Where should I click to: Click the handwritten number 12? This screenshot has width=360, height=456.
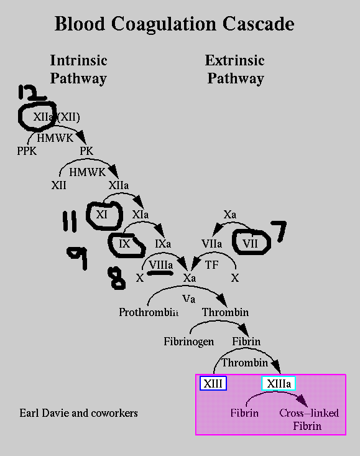click(x=31, y=93)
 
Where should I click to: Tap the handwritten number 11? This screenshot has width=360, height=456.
click(x=70, y=221)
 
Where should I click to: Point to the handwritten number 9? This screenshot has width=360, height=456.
click(x=78, y=258)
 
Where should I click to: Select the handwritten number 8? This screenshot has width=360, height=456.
click(x=117, y=278)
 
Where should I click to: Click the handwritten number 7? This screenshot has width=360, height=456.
click(x=279, y=231)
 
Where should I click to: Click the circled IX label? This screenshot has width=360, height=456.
click(x=124, y=244)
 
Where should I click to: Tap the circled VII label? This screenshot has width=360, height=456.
click(x=250, y=243)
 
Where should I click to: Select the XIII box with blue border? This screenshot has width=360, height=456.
click(x=213, y=383)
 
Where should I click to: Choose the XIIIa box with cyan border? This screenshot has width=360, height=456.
click(x=279, y=383)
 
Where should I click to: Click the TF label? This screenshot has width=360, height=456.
click(x=211, y=265)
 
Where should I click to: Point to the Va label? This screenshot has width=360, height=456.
click(x=189, y=299)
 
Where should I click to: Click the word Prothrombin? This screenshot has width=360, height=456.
click(x=149, y=312)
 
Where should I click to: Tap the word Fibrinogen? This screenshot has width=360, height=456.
click(x=189, y=342)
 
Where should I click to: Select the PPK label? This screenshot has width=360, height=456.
click(x=27, y=151)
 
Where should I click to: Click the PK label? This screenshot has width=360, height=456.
click(x=86, y=151)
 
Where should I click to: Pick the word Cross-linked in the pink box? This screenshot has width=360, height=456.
click(x=309, y=413)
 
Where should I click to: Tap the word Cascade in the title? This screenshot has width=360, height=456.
click(x=258, y=24)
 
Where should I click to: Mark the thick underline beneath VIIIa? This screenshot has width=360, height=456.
click(x=160, y=273)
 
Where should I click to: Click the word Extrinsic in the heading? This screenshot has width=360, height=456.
click(x=235, y=60)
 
